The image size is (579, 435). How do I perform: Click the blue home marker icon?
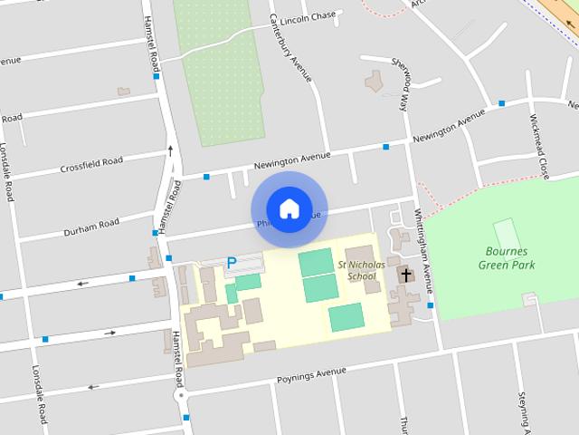[289, 208]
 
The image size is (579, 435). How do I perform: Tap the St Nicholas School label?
[356, 270]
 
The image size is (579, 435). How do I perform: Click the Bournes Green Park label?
[506, 258]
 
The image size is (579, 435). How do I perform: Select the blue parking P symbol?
[231, 264]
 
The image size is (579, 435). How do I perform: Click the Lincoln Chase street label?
[308, 18]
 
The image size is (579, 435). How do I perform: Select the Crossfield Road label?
[91, 165]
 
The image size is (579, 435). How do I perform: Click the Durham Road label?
[91, 227]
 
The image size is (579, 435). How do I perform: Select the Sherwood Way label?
[401, 82]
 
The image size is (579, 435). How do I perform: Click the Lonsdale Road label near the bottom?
[39, 394]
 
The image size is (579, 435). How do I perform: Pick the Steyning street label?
[523, 410]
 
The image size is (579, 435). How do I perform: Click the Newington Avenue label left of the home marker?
[288, 162]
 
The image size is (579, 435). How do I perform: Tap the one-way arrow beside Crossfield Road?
[169, 150]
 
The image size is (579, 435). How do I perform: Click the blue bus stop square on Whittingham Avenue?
[430, 305]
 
